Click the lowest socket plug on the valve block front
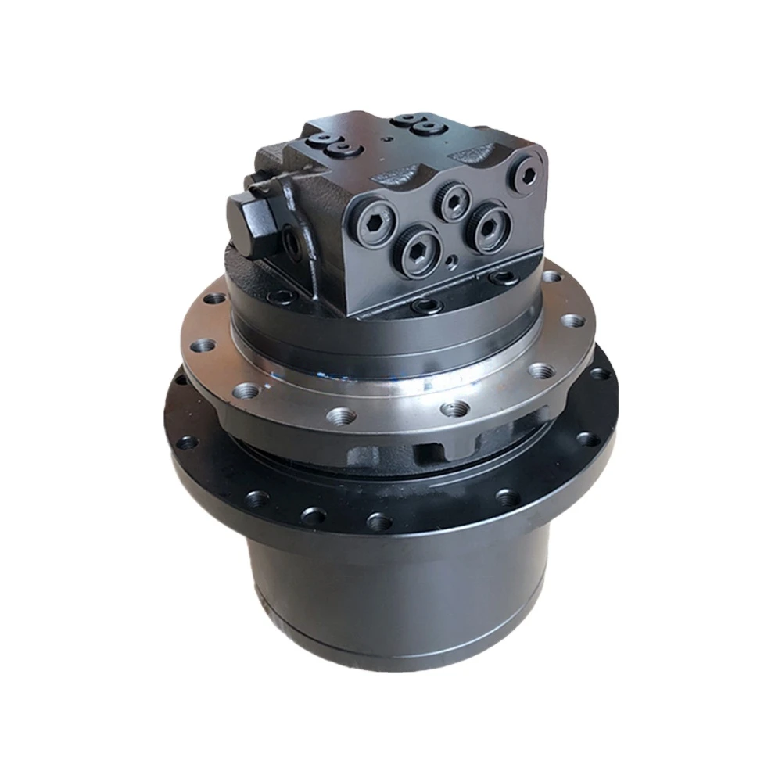pos(419,250)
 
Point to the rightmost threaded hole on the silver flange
pos(573,321)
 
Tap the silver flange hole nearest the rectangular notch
pos(454,408)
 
